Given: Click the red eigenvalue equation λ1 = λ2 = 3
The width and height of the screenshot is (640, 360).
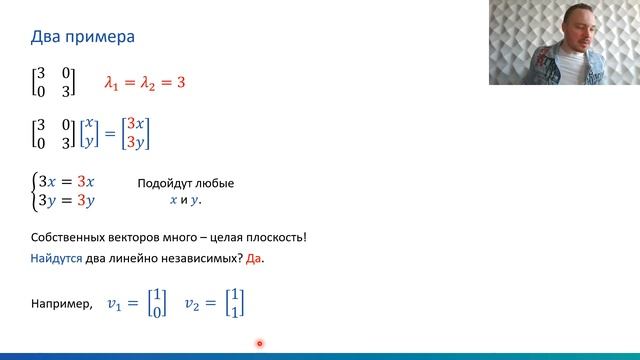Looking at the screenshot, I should tap(145, 82).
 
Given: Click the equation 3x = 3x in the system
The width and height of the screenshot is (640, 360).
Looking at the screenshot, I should tap(66, 180).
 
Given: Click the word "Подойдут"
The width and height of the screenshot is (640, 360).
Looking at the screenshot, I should tap(162, 184).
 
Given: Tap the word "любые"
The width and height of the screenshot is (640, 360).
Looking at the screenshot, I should tap(215, 184).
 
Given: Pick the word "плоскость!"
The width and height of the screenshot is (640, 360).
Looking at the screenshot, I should tap(275, 237).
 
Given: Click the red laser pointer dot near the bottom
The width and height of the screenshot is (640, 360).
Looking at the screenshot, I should tap(259, 344).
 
